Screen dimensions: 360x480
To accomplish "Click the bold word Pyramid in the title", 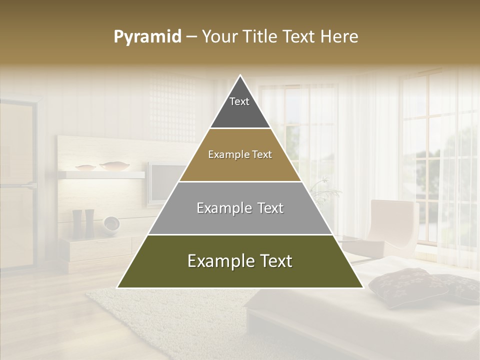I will pyautogui.click(x=147, y=37).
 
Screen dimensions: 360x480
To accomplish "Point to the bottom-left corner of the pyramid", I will pyautogui.click(x=118, y=287).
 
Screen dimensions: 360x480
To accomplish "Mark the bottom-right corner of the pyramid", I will pyautogui.click(x=362, y=287).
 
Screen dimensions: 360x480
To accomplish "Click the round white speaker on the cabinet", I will pyautogui.click(x=111, y=223).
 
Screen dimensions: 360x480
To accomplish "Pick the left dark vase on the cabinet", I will pyautogui.click(x=77, y=223).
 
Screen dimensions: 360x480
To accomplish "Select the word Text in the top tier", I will pyautogui.click(x=239, y=101).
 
